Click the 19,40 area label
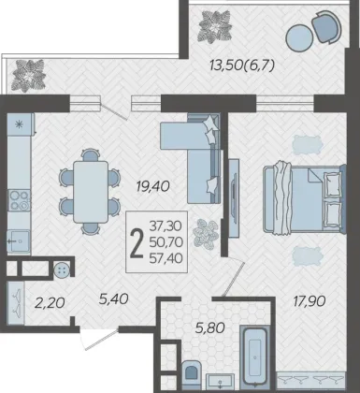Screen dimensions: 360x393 [x=152, y=186]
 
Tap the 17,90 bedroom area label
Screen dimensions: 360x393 [x=310, y=301]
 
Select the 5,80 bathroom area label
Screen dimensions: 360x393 [x=210, y=327]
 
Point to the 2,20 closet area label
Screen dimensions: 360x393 [x=50, y=302]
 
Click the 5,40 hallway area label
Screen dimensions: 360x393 [x=113, y=299]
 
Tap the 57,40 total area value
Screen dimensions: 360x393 [x=166, y=258]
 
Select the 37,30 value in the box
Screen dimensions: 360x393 [x=166, y=226]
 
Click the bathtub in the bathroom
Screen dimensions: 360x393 [x=255, y=356]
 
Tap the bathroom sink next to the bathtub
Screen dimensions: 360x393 [x=221, y=381]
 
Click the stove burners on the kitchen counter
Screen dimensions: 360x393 [x=19, y=200]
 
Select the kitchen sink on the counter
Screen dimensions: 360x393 [x=19, y=240]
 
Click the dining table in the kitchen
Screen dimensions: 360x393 [x=91, y=192]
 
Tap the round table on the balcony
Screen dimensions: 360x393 [x=299, y=37]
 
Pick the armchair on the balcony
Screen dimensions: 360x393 [x=326, y=26]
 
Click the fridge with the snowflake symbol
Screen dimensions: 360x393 [x=20, y=124]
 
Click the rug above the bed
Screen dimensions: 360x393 [x=307, y=145]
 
